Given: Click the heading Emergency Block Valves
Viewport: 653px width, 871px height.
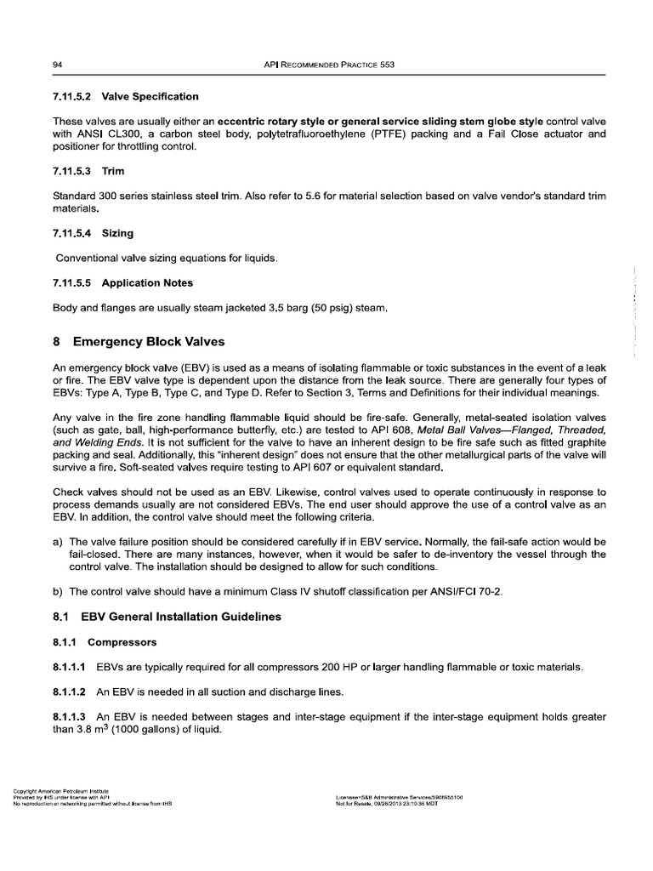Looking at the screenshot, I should tap(149, 342).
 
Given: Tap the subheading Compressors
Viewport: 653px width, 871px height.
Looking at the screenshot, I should tap(122, 643).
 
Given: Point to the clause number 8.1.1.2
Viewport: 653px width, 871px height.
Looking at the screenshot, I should tap(71, 694).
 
